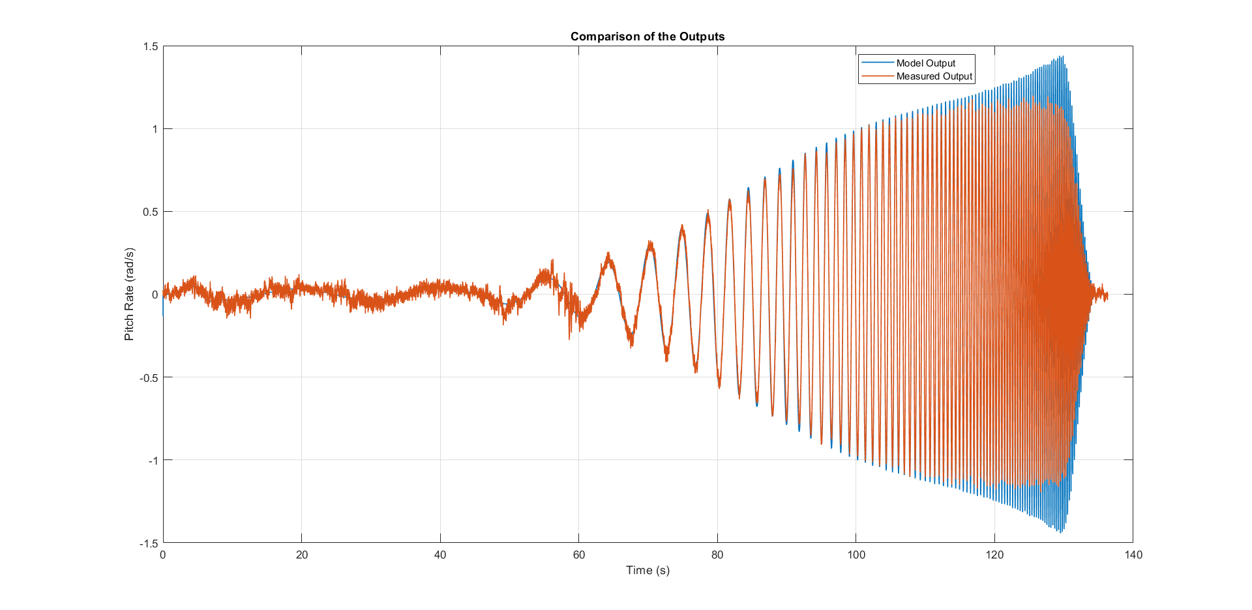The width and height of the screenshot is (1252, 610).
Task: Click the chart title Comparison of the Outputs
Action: click(648, 36)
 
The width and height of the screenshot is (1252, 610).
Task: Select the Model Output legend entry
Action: click(925, 63)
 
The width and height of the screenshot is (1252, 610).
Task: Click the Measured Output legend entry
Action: click(934, 76)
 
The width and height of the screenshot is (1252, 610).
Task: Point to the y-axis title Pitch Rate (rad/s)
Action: click(129, 294)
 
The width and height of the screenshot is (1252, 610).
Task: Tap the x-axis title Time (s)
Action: click(648, 570)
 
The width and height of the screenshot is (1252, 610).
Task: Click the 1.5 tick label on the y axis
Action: click(150, 46)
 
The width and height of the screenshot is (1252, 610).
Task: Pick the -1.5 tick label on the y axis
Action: click(149, 543)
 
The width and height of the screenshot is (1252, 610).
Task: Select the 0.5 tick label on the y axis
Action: click(150, 212)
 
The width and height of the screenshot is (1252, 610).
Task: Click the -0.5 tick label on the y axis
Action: click(149, 377)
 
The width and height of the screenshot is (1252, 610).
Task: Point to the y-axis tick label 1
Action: click(155, 129)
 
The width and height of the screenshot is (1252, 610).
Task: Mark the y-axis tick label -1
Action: click(153, 460)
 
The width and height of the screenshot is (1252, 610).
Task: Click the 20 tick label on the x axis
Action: click(301, 555)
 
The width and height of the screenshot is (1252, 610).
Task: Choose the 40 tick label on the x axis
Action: click(440, 555)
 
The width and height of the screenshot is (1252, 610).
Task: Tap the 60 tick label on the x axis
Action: click(578, 555)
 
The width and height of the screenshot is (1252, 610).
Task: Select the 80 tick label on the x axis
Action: click(717, 555)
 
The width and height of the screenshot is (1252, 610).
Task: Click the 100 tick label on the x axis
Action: click(856, 555)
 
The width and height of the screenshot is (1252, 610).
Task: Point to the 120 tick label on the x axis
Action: click(994, 555)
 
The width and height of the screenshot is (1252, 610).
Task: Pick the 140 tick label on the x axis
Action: click(1133, 555)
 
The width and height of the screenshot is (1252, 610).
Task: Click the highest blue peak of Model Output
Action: click(1063, 57)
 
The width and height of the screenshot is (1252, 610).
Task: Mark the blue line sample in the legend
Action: click(877, 63)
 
